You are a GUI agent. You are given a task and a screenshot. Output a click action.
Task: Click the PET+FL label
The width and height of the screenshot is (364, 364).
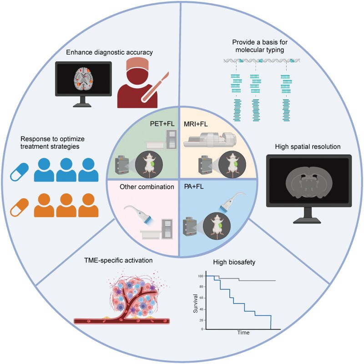tap(162, 123)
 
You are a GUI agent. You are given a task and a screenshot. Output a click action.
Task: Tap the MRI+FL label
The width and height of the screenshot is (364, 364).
tap(196, 124)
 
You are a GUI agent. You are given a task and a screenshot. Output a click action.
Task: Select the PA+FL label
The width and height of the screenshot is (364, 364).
tap(194, 187)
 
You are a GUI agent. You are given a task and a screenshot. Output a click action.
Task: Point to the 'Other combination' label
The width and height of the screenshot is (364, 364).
tap(147, 187)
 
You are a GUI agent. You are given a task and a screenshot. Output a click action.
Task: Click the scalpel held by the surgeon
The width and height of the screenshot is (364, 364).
tap(155, 87)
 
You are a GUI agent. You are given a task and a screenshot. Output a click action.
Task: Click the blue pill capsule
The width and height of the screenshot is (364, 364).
tap(20, 172)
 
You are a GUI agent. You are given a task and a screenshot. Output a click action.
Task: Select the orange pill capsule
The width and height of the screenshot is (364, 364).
tap(20, 207)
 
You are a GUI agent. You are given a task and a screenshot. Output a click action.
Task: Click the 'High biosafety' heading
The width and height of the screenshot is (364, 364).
tap(234, 263)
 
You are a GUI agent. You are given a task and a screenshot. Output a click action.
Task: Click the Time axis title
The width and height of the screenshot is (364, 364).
tap(243, 333)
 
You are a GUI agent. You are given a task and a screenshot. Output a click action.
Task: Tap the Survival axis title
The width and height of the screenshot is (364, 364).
tap(196, 303)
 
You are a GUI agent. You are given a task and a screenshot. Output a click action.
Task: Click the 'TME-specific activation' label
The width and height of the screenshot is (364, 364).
tap(118, 260)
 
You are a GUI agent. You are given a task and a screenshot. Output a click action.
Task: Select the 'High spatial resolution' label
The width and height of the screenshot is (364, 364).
tap(308, 147)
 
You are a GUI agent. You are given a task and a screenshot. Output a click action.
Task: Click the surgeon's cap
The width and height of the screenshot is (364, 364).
tap(137, 64)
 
